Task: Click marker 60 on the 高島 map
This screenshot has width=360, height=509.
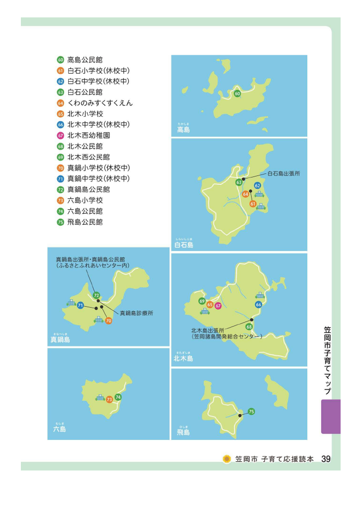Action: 237,94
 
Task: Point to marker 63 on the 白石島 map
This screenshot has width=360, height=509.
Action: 239,182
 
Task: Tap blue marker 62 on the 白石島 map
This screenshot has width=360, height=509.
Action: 258,185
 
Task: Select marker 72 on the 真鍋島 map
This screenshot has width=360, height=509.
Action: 96,296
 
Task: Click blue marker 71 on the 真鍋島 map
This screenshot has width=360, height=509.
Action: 81,305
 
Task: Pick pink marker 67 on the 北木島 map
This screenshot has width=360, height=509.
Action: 218,305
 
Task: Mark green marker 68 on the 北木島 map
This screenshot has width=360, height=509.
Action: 249,327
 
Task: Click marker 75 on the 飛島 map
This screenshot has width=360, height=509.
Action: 251,412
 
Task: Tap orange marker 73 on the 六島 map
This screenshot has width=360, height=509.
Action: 109,400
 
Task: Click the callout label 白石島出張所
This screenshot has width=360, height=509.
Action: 284,174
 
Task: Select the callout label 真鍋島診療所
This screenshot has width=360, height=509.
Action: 137,313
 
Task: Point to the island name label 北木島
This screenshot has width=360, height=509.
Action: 183,358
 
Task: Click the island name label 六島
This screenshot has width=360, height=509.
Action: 59,428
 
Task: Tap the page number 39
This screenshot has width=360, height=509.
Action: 326,459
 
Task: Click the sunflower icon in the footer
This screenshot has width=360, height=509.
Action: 227,459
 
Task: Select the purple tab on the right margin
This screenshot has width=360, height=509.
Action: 331,417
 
